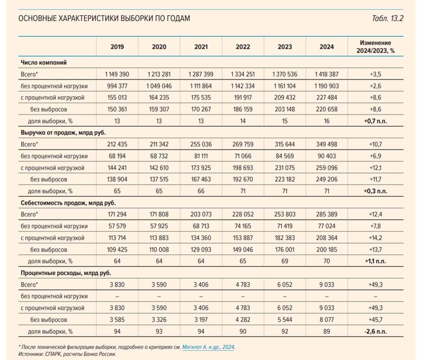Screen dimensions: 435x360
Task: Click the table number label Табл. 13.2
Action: (387, 18)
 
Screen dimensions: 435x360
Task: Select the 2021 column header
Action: (201, 47)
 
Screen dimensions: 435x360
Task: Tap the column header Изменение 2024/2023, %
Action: (376, 47)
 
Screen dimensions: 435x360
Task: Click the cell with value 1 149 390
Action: (117, 74)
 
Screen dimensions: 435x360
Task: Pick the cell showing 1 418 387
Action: (327, 74)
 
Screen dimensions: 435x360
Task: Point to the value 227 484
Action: (327, 97)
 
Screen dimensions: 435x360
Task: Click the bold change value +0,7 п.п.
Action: (376, 121)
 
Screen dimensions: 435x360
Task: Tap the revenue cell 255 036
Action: (201, 144)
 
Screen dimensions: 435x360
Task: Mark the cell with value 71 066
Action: (243, 156)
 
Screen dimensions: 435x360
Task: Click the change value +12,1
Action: (376, 168)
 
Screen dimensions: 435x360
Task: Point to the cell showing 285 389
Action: (327, 214)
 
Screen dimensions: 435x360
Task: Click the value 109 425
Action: (117, 249)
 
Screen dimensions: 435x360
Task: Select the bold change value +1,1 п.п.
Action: (376, 261)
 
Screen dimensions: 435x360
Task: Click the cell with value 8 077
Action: (327, 320)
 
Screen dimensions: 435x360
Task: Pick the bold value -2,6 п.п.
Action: (376, 331)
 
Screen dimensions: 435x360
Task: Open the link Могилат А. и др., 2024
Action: (208, 347)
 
